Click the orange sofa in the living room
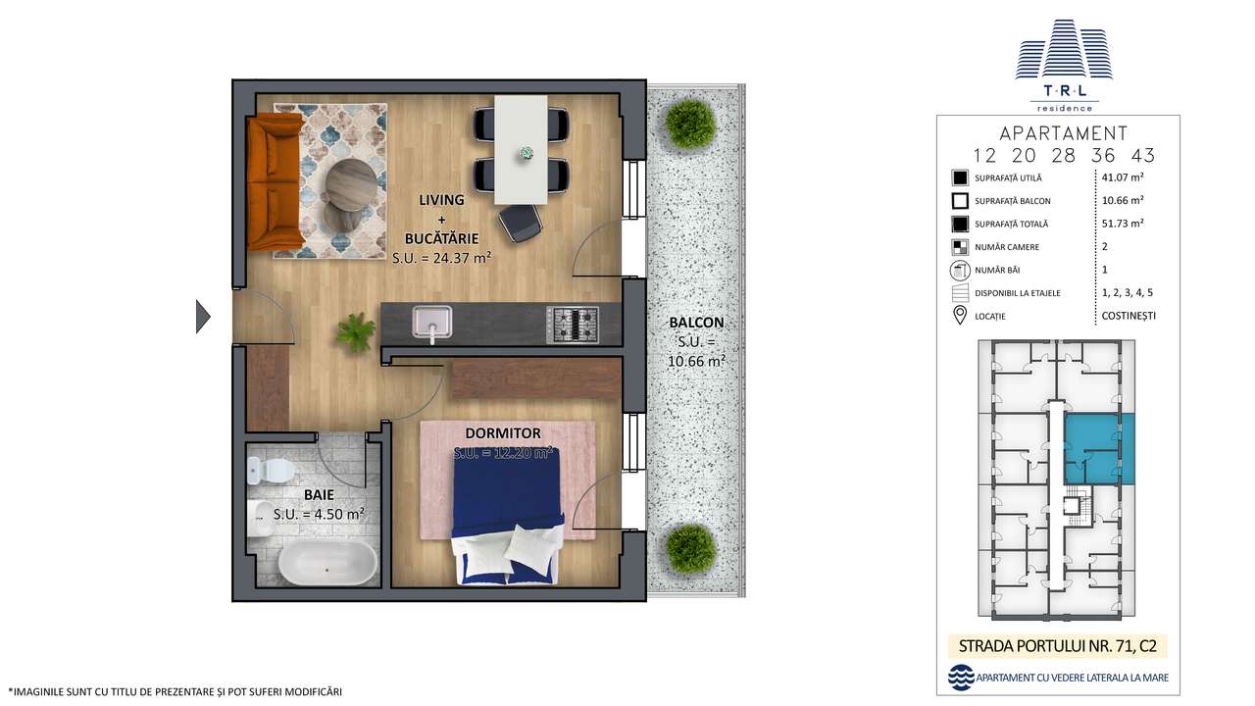tap(276, 181)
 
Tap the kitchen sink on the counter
tap(432, 323)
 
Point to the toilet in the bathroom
tap(272, 472)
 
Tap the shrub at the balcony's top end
tap(690, 123)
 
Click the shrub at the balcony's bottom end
tap(690, 547)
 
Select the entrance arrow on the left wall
tap(203, 317)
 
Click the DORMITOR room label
tap(503, 433)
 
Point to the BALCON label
tap(696, 323)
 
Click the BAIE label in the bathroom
tap(321, 496)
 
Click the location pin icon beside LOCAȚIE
tap(960, 316)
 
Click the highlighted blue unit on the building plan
tap(1100, 447)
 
